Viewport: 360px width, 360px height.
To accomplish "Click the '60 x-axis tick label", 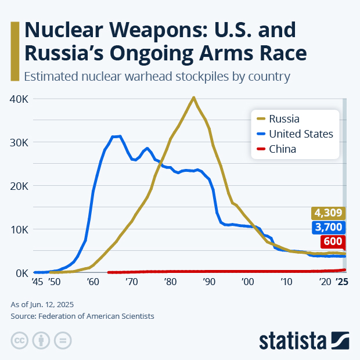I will [92, 282].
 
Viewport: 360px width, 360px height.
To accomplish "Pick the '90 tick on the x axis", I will [208, 282].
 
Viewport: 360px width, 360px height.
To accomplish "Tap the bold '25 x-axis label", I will [342, 282].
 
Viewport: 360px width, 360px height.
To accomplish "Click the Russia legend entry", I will [284, 119].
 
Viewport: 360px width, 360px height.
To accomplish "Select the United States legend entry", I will [300, 134].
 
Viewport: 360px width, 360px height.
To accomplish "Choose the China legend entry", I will [282, 149].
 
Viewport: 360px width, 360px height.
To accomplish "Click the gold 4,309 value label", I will [329, 213].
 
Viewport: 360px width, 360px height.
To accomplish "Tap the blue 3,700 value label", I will [329, 227].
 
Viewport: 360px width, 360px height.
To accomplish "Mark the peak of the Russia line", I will [193, 98].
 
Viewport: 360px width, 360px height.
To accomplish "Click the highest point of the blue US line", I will [120, 136].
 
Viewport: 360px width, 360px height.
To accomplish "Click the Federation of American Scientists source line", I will [82, 316].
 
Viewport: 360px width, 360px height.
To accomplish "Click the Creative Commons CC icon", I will [20, 340].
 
